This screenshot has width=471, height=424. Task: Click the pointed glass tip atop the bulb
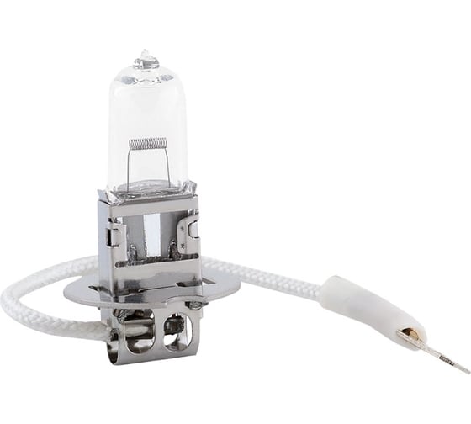[148, 57]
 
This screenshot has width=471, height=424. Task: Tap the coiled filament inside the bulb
[146, 143]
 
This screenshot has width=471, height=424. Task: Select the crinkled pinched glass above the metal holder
[148, 188]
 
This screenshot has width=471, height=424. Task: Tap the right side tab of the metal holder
[193, 227]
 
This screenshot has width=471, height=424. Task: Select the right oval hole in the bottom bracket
[176, 324]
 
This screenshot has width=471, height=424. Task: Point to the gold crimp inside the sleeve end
[407, 336]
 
